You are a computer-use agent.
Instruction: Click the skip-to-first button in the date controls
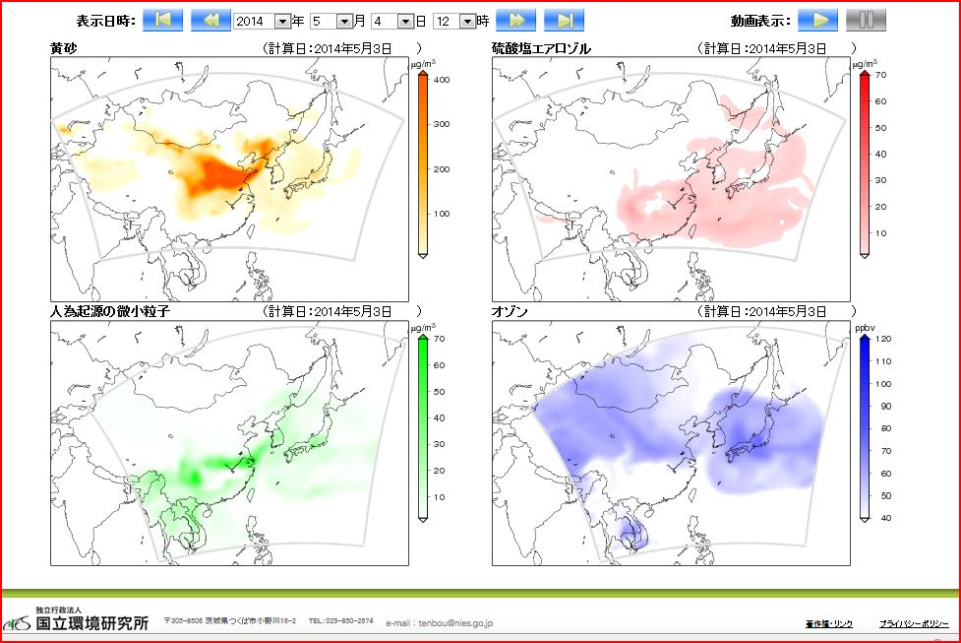click(163, 21)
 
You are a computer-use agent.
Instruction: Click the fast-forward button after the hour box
click(515, 21)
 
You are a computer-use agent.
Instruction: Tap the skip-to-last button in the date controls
click(564, 21)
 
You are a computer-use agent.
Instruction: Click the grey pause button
click(866, 21)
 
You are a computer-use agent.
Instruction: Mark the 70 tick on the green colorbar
click(440, 339)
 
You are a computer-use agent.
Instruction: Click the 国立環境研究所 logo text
click(92, 623)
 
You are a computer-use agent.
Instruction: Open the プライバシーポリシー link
click(913, 624)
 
